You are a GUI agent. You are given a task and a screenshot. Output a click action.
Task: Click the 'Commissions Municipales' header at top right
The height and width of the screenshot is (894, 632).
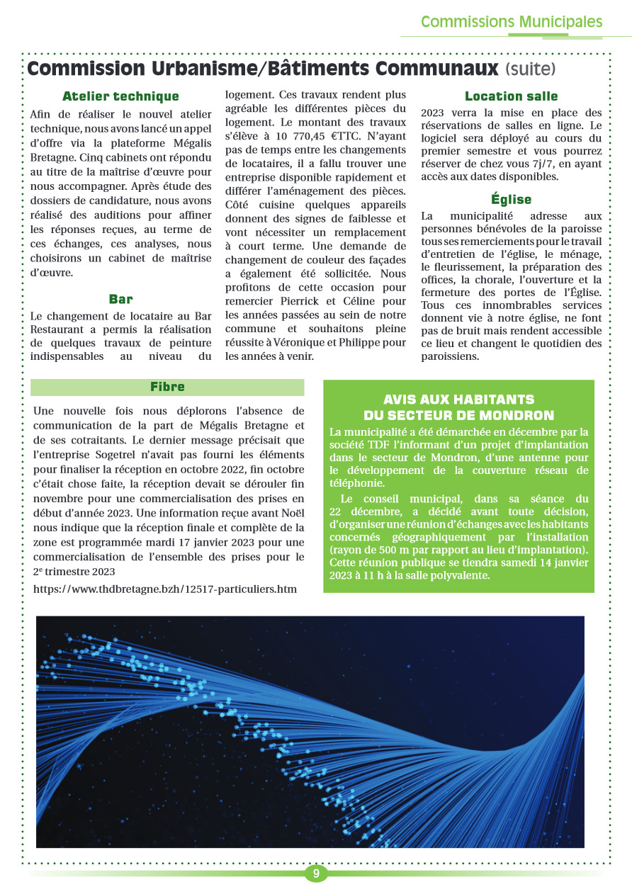(511, 22)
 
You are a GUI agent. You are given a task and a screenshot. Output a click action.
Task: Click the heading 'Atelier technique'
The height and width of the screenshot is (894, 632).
(120, 96)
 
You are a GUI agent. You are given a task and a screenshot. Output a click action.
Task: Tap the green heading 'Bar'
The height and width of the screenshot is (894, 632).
(120, 299)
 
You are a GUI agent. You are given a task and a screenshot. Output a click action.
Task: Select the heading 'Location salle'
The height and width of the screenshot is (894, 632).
(511, 96)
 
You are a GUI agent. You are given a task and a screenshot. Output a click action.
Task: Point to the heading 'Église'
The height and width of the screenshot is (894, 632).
(511, 200)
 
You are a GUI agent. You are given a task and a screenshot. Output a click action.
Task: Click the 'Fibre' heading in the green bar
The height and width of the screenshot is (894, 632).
(167, 387)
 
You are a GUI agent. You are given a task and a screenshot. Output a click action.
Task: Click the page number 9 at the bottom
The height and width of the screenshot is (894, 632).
(316, 873)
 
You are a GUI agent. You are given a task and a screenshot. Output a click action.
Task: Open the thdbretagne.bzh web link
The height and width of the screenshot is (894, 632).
(165, 589)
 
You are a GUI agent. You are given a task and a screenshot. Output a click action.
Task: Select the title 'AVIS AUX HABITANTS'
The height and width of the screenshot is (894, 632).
(458, 400)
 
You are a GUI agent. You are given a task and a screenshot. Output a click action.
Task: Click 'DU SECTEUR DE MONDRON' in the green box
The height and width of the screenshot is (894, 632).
(458, 415)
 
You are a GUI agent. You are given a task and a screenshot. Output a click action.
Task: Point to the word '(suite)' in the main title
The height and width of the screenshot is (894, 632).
(531, 69)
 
